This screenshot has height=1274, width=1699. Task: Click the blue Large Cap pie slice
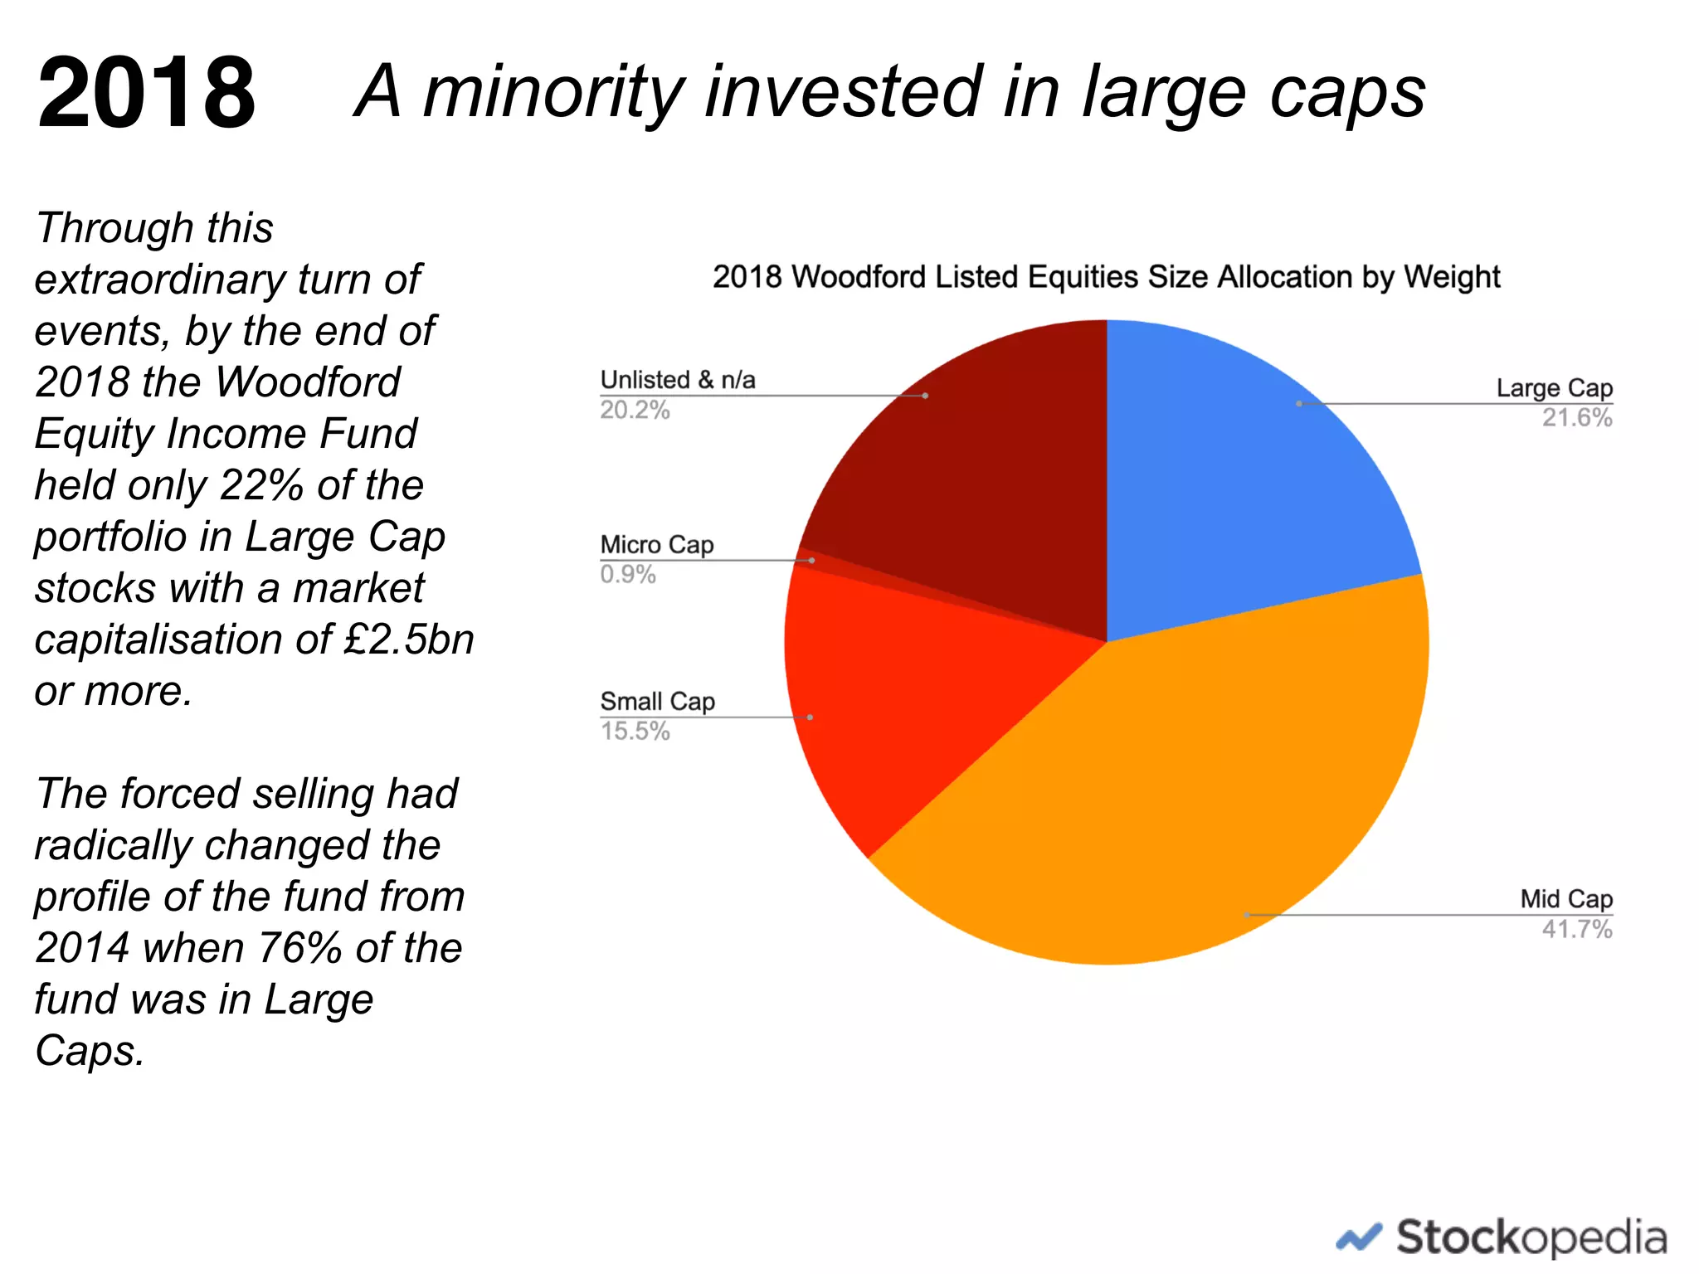tap(1244, 481)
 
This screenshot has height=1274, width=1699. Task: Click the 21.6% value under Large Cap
tap(1576, 418)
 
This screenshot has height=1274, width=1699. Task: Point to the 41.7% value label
tap(1576, 929)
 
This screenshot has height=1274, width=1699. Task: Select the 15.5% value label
tap(635, 732)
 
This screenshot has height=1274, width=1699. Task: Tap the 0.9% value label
tap(628, 575)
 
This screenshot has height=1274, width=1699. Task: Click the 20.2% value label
tap(635, 411)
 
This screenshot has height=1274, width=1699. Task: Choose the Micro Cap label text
tap(656, 545)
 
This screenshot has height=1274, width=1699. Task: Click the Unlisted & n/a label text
tap(677, 380)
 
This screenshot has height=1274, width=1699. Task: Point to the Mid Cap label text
tap(1565, 899)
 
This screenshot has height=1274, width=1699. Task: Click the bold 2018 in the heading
tap(147, 93)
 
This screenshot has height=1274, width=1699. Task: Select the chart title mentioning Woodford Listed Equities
tap(1106, 277)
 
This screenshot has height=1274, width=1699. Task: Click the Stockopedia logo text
tap(1531, 1238)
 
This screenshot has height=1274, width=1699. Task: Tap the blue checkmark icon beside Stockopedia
tap(1359, 1238)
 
